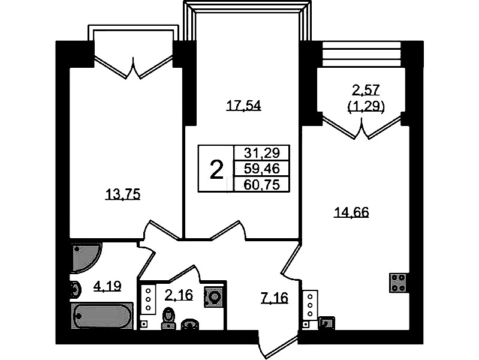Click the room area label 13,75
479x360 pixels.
(x=122, y=194)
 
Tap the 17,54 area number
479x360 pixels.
(x=243, y=106)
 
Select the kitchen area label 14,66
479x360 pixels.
(x=352, y=212)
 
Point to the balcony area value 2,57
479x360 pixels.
(x=366, y=90)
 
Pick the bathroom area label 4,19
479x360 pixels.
(x=107, y=286)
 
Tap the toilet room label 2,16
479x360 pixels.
(x=179, y=295)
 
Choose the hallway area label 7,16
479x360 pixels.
(x=275, y=298)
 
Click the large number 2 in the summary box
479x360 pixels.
(x=216, y=170)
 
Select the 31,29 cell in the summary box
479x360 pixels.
(x=262, y=152)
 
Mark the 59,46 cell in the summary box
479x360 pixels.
(x=262, y=168)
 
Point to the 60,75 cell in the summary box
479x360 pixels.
(x=262, y=184)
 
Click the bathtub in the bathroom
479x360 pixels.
(x=102, y=316)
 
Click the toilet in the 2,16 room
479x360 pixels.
(x=168, y=318)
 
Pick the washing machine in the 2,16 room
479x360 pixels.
(x=215, y=296)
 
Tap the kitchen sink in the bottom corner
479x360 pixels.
(x=327, y=323)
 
